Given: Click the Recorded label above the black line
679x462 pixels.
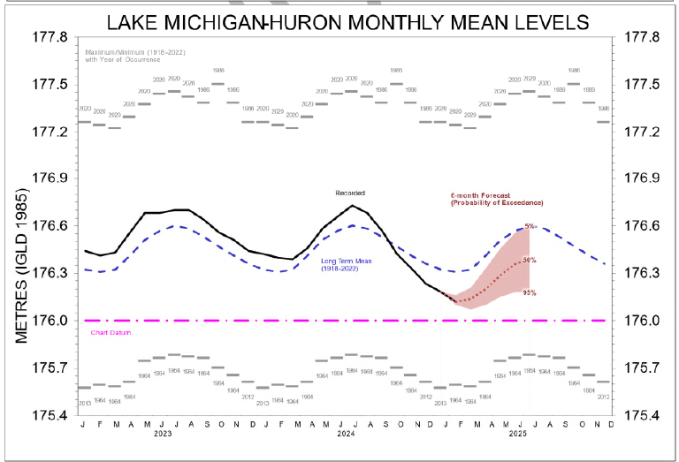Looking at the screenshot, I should [349, 193].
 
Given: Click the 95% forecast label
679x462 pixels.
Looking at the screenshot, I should [530, 292].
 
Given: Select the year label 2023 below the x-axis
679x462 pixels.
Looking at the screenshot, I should [163, 435].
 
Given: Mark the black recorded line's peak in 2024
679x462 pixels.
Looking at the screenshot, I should [353, 206].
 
